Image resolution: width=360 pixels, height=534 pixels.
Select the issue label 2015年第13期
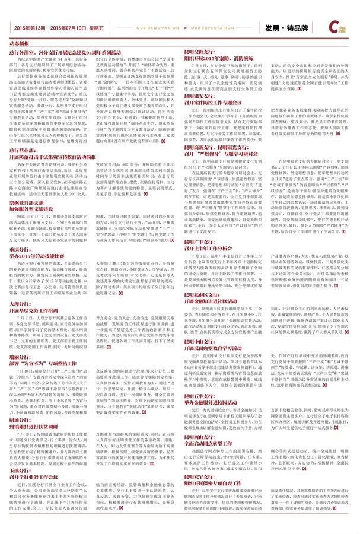(30, 28)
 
